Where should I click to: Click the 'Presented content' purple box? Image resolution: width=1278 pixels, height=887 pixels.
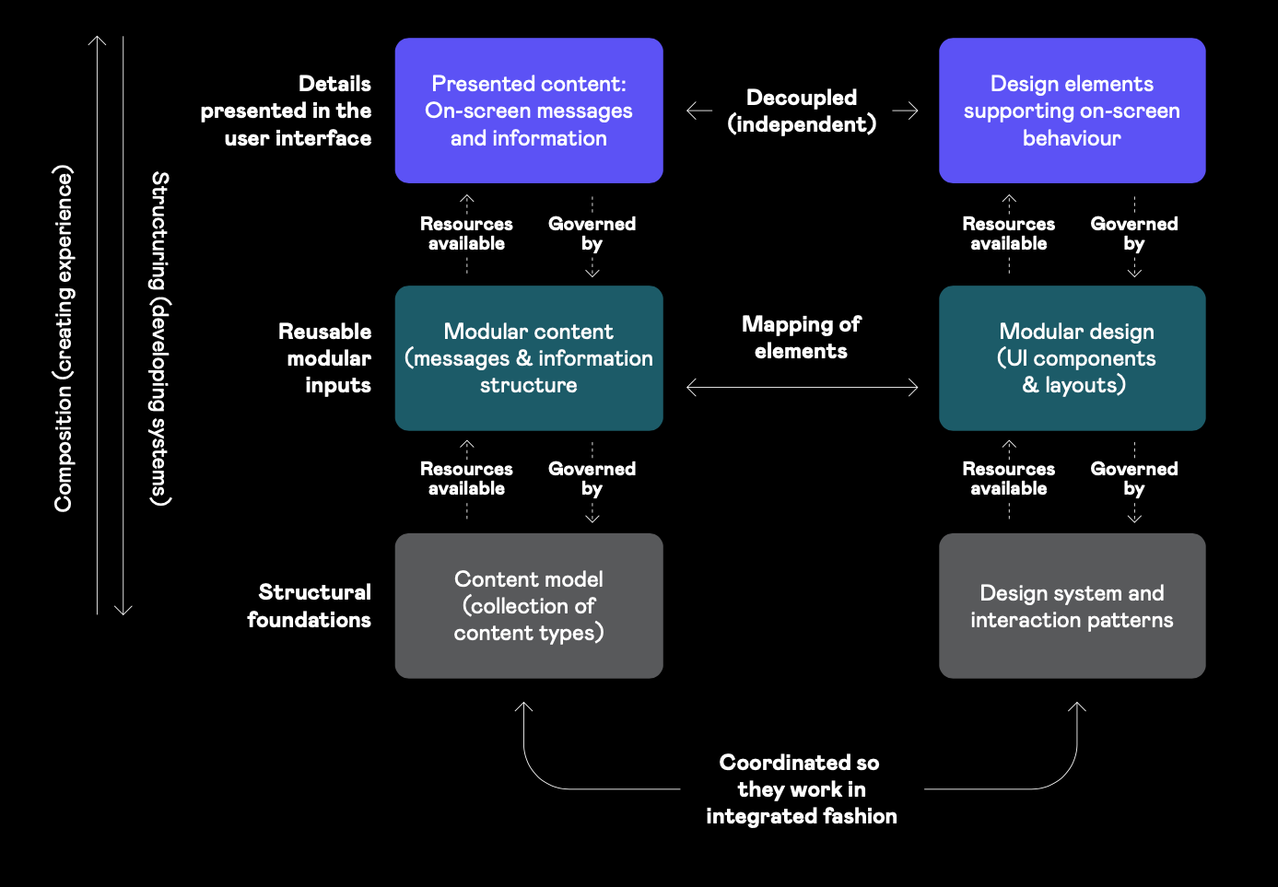[529, 111]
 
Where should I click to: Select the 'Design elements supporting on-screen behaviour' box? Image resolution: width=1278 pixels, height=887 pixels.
[1072, 111]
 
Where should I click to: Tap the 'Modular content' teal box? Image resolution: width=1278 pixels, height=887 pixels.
[529, 358]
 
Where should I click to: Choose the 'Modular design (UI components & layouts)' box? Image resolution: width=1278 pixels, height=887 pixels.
[1072, 358]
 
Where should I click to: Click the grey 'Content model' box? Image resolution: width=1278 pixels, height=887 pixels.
[529, 606]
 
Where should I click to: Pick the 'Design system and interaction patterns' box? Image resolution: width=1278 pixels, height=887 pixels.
[1072, 606]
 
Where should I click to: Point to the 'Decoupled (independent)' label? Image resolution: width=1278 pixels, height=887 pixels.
[802, 111]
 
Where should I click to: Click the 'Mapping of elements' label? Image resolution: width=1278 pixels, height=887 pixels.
[801, 337]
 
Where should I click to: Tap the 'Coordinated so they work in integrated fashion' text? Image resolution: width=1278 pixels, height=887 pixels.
[801, 789]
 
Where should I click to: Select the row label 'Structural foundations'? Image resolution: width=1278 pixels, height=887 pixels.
[310, 605]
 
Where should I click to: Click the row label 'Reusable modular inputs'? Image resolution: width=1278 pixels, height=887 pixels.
[325, 358]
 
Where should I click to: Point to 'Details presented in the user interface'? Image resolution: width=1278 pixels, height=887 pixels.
[287, 111]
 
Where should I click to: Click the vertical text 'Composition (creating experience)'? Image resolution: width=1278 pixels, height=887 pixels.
[63, 338]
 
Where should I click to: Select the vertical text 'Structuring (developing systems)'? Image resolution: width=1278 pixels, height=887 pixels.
[160, 338]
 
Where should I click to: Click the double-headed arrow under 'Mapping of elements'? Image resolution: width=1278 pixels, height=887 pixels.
[802, 388]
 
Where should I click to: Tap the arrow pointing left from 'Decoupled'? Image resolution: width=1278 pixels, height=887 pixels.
[699, 111]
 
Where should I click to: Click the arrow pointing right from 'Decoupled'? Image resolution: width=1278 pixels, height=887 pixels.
[905, 111]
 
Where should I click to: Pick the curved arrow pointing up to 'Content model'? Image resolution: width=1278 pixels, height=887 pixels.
[544, 774]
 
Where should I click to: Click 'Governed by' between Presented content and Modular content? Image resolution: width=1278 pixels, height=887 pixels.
[592, 234]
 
